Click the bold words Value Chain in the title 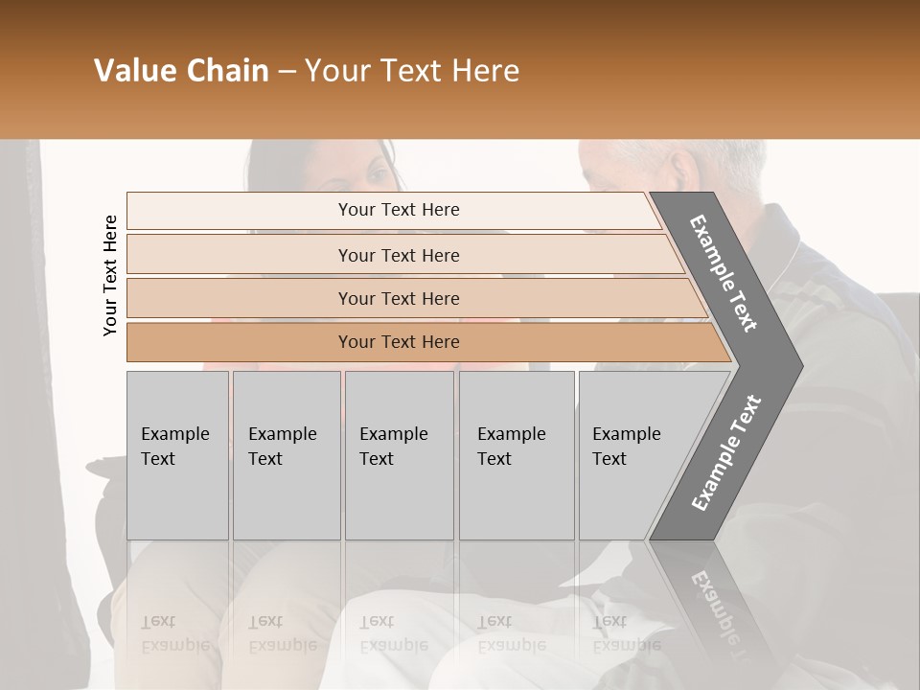click(x=181, y=71)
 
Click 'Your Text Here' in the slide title click(x=412, y=71)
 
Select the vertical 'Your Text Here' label click(x=110, y=275)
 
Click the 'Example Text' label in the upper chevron click(x=724, y=273)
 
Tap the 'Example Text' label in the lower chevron click(x=726, y=453)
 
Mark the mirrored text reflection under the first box click(x=174, y=632)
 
